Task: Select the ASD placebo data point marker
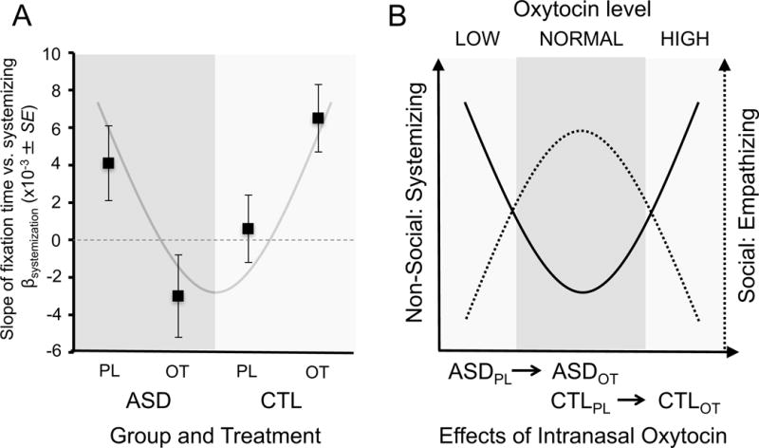pos(108,163)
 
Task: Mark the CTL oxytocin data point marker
pos(318,118)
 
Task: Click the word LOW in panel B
pos(476,41)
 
